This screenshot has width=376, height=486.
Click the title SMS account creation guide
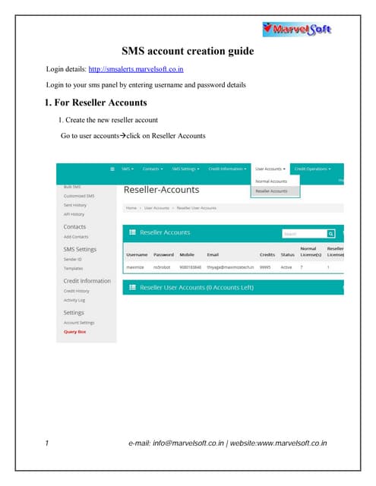coord(188,52)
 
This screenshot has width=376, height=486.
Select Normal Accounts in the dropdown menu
coord(271,181)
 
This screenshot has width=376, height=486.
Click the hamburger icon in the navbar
coord(113,169)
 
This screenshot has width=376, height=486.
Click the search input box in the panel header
coord(302,234)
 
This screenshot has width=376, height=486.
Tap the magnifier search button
coord(331,234)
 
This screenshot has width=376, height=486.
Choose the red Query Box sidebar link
coord(75,331)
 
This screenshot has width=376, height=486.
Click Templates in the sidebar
coord(74,268)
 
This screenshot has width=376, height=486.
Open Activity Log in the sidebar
coord(75,300)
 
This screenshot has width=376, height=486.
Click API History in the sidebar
coord(74,214)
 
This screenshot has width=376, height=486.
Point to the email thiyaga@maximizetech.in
coord(229,267)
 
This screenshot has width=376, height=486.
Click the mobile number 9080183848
coord(191,267)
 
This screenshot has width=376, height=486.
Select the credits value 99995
coord(266,267)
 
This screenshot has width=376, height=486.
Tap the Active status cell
coord(286,267)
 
